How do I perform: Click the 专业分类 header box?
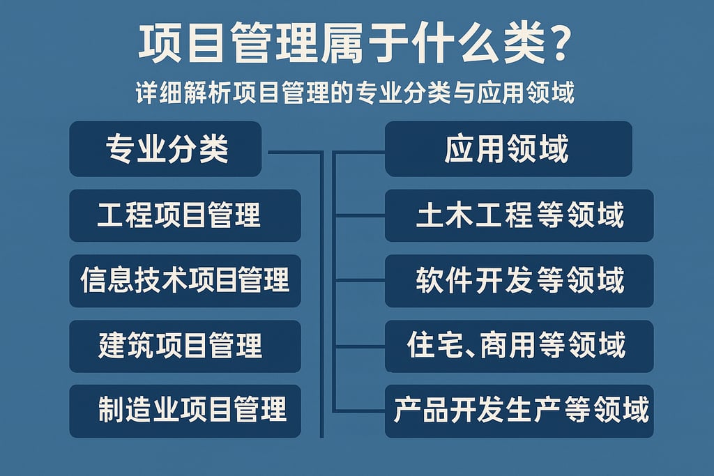point(165,149)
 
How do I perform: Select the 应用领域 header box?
point(508,149)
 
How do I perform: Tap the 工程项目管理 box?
point(185,215)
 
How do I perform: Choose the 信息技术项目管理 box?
point(185,281)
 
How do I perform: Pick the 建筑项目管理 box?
point(185,346)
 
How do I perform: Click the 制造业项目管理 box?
point(185,410)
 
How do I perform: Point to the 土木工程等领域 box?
point(519,215)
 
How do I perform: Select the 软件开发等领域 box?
point(519,281)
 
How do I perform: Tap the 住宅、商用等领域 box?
point(519,346)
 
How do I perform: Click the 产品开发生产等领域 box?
point(519,410)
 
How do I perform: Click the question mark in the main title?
point(556,46)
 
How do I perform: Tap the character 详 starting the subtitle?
point(148,93)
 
